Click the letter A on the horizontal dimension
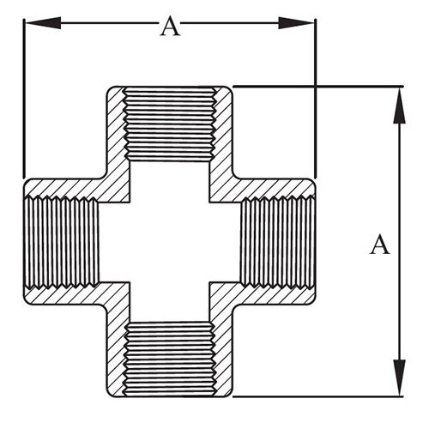coord(170,26)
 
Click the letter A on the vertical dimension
coord(380,245)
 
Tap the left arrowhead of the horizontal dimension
coord(43,23)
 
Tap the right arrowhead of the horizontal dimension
coord(296,23)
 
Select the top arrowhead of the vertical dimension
coord(399,106)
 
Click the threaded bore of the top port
coord(170,124)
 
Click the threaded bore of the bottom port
coord(170,359)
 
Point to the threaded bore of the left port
coord(62,242)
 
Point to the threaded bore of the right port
coord(278,242)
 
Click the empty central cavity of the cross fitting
coord(170,242)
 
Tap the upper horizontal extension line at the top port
coord(318,86)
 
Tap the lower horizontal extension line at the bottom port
coord(318,396)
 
